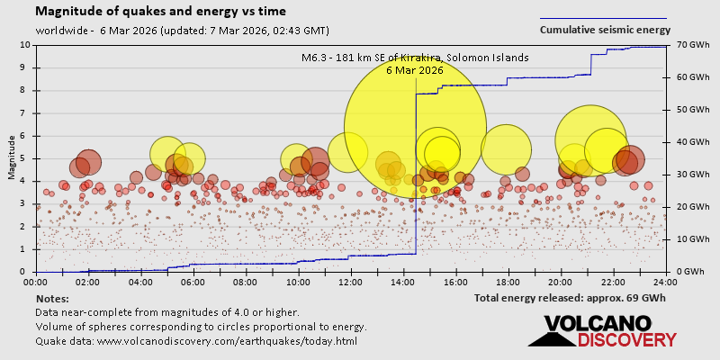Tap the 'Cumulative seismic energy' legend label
605,30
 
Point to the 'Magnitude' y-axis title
12,158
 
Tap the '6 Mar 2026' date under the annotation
415,69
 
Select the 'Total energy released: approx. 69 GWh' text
570,298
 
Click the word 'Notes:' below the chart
52,298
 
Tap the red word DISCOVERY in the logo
626,340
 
